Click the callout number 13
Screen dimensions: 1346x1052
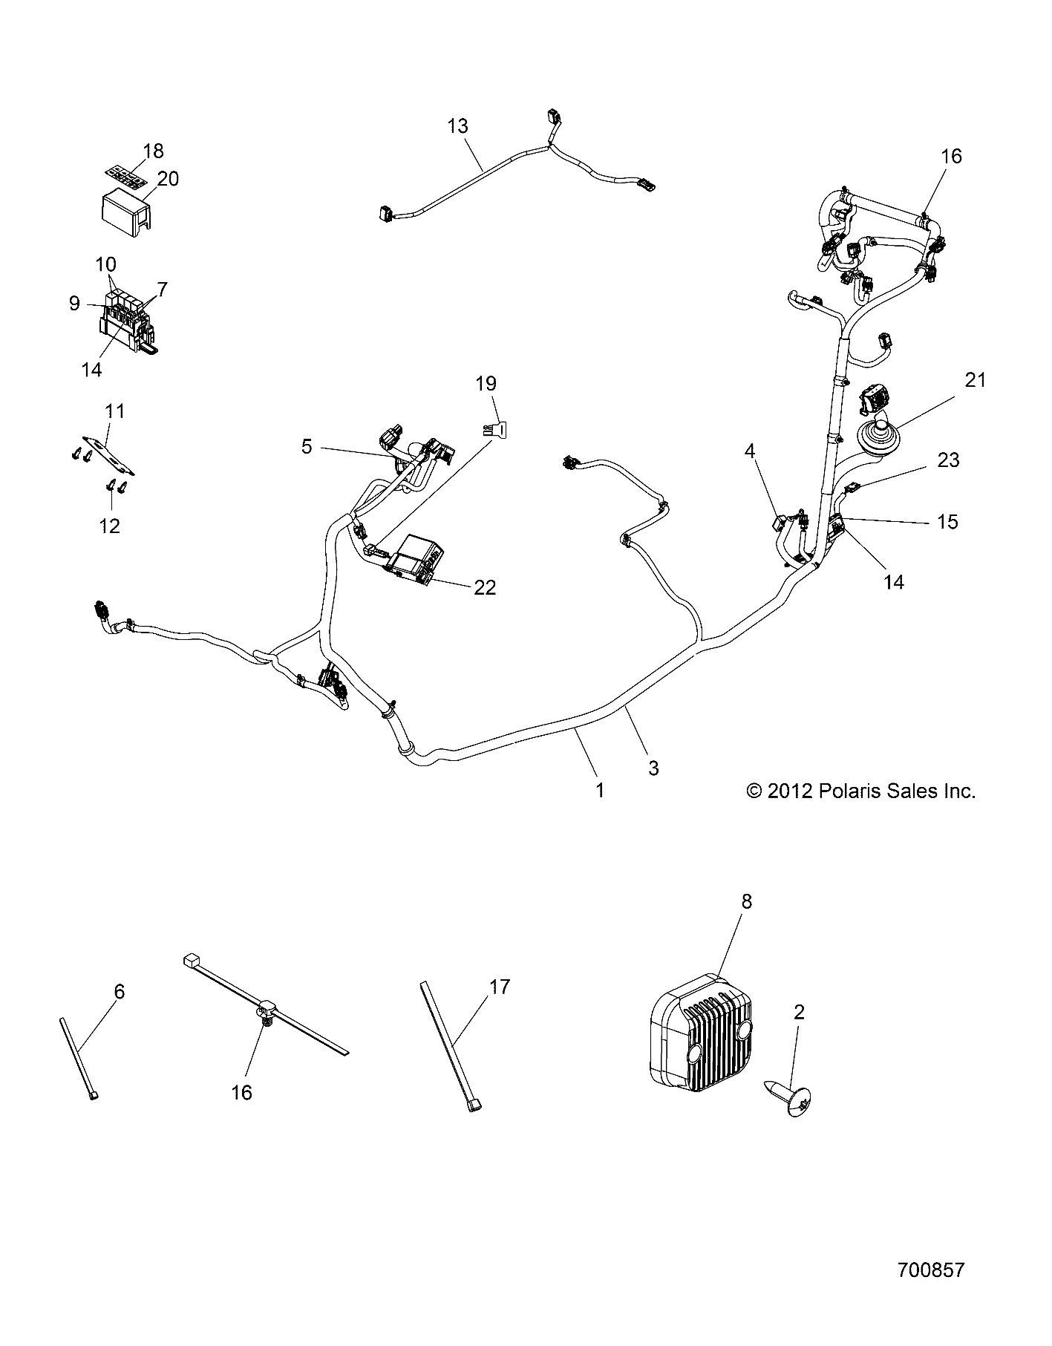tap(458, 126)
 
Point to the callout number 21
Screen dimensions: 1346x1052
tap(976, 380)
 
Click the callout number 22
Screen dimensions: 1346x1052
tap(485, 587)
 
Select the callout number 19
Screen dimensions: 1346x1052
tap(486, 384)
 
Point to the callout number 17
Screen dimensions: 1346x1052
tap(500, 987)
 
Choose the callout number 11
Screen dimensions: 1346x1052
tap(115, 411)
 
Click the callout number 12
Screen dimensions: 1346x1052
tap(109, 526)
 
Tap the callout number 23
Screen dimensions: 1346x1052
tap(949, 460)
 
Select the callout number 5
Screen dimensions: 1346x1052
tap(307, 446)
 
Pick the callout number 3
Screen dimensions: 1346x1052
tap(653, 768)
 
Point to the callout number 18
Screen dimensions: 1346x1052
tap(153, 151)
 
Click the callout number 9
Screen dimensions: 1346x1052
tap(74, 304)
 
